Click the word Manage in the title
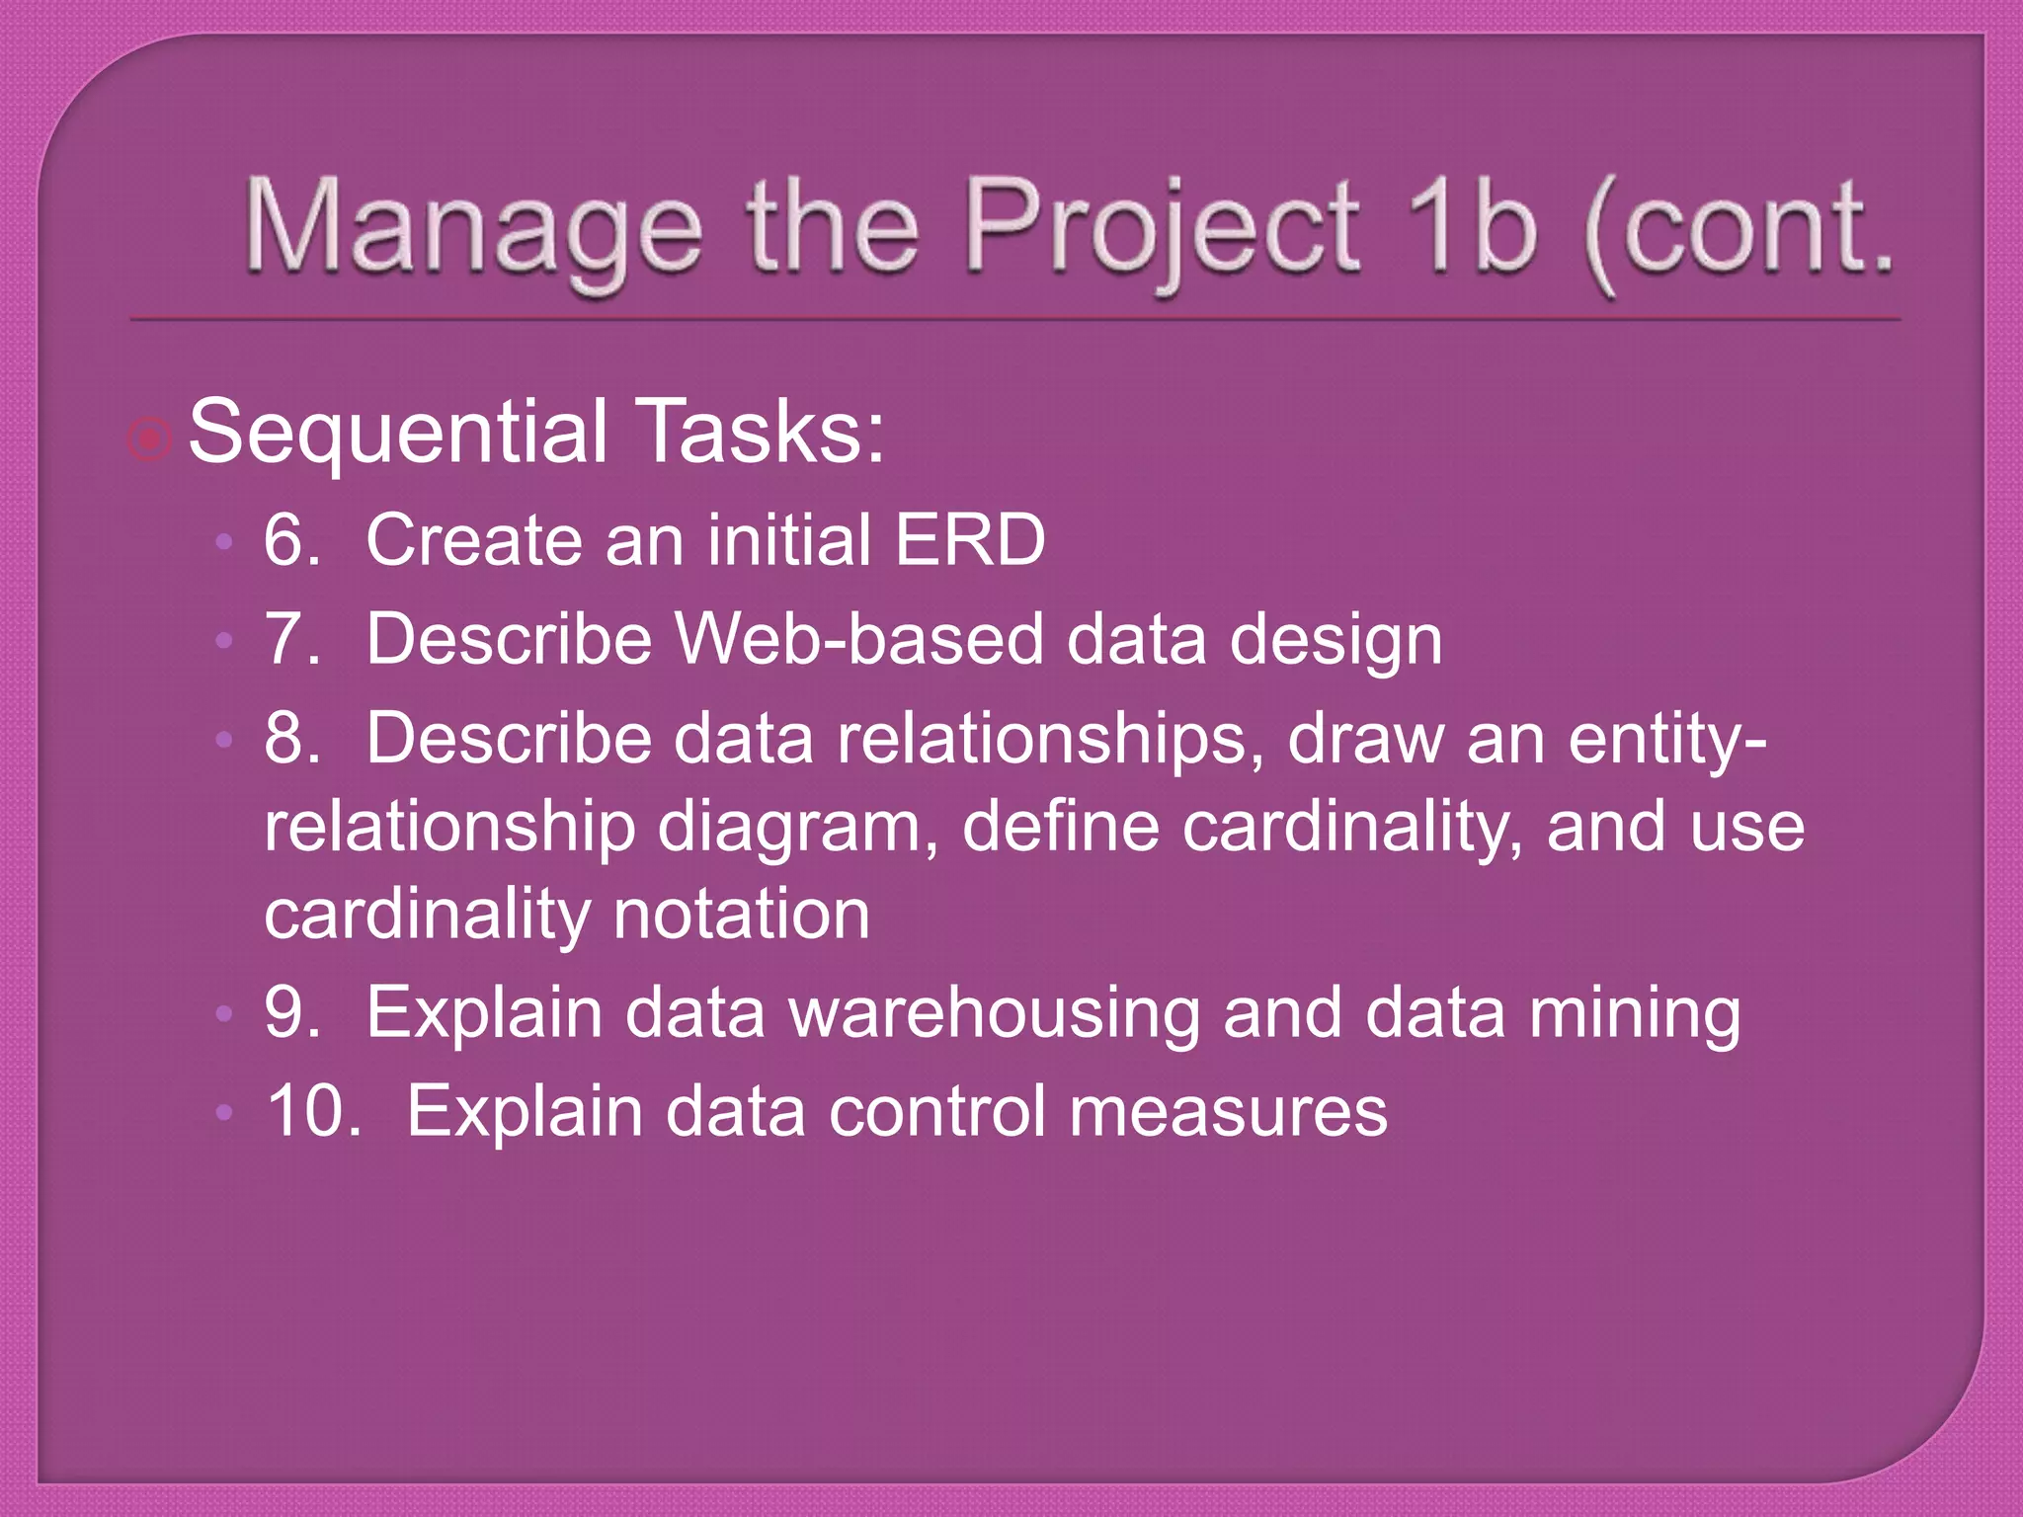(472, 229)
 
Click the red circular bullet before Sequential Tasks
(149, 439)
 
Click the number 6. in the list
(292, 540)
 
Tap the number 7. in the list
(292, 639)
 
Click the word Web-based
(857, 639)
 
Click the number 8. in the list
(292, 738)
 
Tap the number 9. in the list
(292, 1012)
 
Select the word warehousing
(994, 1014)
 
